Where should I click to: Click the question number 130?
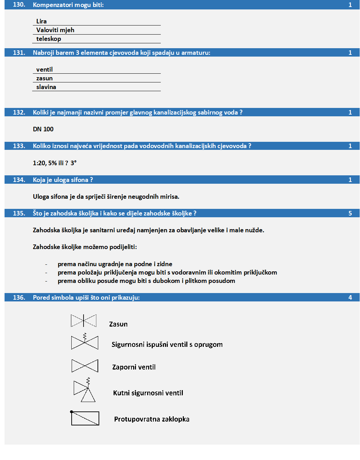click(19, 5)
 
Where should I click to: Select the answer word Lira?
click(41, 21)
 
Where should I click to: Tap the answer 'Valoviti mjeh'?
click(55, 30)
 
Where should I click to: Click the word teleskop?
click(49, 39)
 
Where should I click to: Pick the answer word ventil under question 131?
click(44, 70)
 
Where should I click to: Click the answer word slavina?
click(46, 87)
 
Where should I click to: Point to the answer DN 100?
click(43, 129)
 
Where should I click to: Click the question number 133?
click(19, 146)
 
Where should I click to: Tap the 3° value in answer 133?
click(73, 163)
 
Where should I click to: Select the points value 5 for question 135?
click(350, 213)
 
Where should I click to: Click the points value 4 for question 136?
click(350, 298)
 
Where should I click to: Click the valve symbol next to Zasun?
click(84, 321)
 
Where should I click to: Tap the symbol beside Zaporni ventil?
click(85, 366)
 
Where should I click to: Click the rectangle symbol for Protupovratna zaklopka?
click(85, 418)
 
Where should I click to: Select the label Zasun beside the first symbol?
click(118, 324)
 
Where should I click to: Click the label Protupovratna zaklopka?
click(152, 419)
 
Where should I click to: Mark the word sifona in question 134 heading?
click(79, 180)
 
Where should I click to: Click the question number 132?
click(19, 112)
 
